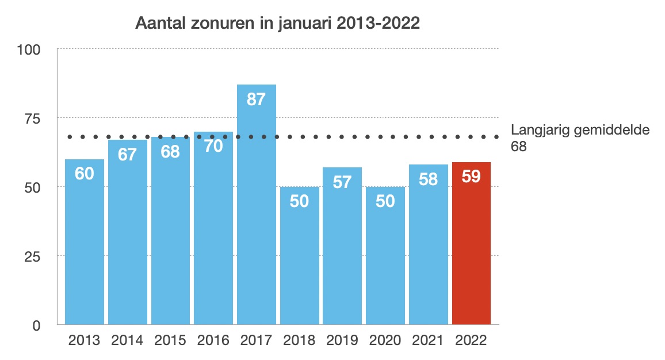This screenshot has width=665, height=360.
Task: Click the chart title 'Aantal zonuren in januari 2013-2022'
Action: tap(277, 24)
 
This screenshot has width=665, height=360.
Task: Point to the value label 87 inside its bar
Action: tap(256, 99)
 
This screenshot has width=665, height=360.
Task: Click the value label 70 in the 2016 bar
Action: tap(213, 146)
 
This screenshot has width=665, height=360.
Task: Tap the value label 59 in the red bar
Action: tap(471, 177)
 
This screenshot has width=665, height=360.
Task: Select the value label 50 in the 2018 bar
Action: tap(299, 201)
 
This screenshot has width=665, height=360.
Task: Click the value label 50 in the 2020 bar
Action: tap(385, 201)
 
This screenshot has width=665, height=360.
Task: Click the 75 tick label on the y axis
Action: tap(32, 118)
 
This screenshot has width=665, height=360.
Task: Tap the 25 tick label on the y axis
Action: tap(32, 256)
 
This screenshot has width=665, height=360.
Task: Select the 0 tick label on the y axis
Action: tap(36, 325)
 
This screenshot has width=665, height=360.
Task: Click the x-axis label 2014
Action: tap(127, 340)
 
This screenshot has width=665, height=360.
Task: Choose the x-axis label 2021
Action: tap(428, 340)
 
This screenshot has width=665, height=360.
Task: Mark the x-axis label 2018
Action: tap(299, 340)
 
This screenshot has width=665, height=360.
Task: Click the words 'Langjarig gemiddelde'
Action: tap(580, 130)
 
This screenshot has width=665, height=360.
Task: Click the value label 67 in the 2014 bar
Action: tap(127, 154)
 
